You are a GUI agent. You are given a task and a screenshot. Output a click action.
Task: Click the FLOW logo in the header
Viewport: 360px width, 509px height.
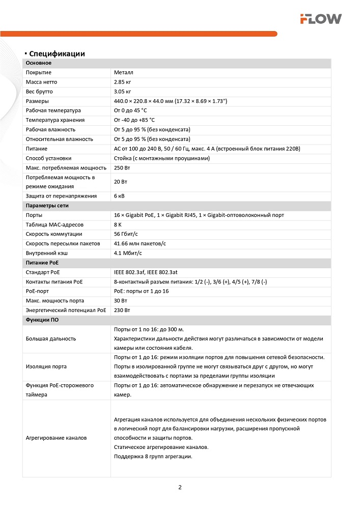pyautogui.click(x=320, y=19)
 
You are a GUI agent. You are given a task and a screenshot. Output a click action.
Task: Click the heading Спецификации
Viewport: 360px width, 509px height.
pyautogui.click(x=57, y=53)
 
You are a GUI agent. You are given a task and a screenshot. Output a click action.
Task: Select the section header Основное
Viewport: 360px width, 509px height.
pyautogui.click(x=39, y=63)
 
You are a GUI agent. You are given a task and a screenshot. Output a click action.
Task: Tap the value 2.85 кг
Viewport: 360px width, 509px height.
pyautogui.click(x=123, y=82)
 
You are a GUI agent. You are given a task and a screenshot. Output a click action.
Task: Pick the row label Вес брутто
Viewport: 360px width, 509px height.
pyautogui.click(x=39, y=92)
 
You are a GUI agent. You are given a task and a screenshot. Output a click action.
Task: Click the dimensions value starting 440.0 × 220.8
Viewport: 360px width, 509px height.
pyautogui.click(x=171, y=101)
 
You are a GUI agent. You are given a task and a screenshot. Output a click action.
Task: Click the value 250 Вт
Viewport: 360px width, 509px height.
pyautogui.click(x=122, y=167)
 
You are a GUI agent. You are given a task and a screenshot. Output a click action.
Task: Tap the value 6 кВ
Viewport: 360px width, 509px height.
pyautogui.click(x=120, y=196)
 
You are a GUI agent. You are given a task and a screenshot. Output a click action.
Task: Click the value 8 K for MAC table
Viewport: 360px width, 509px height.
pyautogui.click(x=118, y=224)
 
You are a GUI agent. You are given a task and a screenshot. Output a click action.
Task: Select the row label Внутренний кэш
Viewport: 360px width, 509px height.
pyautogui.click(x=47, y=253)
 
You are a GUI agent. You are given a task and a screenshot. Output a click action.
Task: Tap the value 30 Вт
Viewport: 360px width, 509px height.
pyautogui.click(x=121, y=301)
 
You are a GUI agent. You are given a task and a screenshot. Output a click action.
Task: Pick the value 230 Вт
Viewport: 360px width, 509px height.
pyautogui.click(x=122, y=310)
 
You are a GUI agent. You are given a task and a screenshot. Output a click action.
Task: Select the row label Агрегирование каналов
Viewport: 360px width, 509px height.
pyautogui.click(x=57, y=438)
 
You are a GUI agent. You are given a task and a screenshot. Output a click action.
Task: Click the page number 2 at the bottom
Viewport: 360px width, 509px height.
pyautogui.click(x=180, y=487)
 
